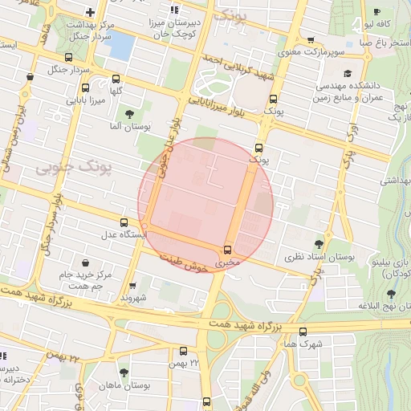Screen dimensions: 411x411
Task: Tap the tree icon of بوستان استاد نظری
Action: [320, 244]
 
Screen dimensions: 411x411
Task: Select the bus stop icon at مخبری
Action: [228, 250]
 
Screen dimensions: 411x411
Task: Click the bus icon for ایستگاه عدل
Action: [124, 222]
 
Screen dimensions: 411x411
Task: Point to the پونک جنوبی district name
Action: [63, 167]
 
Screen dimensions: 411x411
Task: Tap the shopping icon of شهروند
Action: [132, 285]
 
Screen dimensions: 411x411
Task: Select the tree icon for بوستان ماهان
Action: [124, 373]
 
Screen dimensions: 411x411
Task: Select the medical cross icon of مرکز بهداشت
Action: [90, 12]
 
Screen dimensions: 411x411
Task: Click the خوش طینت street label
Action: [185, 264]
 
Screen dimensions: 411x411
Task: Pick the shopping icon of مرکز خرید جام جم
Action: [86, 262]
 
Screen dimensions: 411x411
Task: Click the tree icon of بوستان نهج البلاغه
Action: [391, 295]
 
